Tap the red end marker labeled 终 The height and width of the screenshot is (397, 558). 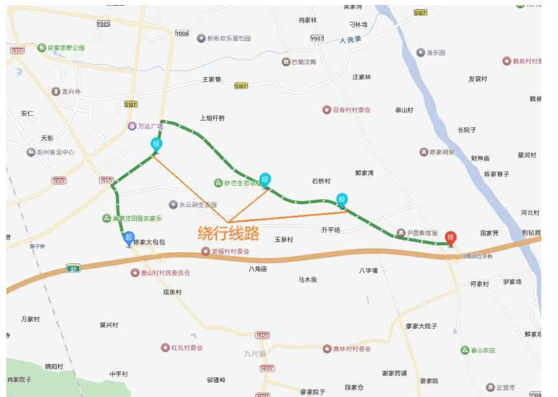coord(451,237)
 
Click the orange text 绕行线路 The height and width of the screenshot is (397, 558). coord(228,233)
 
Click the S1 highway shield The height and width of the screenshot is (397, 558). coord(74,268)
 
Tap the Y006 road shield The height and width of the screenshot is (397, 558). coord(181,34)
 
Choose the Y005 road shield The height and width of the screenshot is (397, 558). coord(103,24)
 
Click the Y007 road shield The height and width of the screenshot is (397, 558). coord(318,39)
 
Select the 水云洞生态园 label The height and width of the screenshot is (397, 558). coord(197,204)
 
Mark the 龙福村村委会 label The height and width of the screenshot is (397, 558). coord(229,252)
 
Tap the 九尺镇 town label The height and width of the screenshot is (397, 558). coord(255,354)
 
